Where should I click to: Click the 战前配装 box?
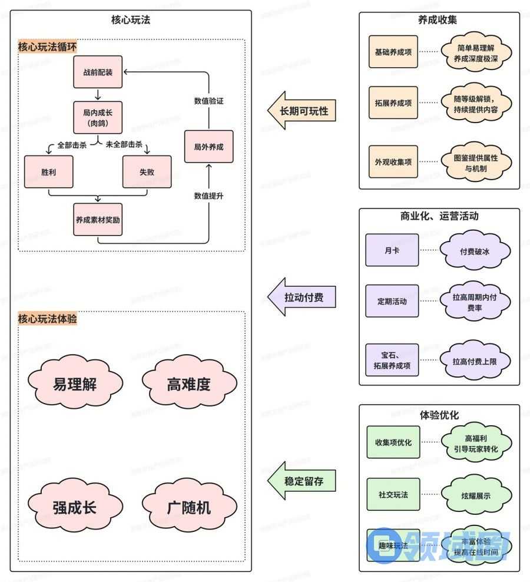click(x=98, y=72)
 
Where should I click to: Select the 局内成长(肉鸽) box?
click(x=98, y=117)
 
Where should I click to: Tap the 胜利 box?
click(x=49, y=171)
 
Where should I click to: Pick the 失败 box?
click(x=147, y=171)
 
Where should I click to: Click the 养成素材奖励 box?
click(x=98, y=219)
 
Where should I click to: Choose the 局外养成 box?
click(x=208, y=147)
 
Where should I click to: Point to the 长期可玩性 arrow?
click(x=301, y=110)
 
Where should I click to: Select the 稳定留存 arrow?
click(x=301, y=481)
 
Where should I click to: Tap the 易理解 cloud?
click(x=75, y=384)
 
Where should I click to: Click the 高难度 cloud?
click(x=188, y=384)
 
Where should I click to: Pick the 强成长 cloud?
click(x=75, y=507)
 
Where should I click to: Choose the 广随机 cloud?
click(x=188, y=507)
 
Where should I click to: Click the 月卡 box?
click(x=392, y=250)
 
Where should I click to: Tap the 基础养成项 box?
click(x=393, y=52)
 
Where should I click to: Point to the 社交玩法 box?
click(x=393, y=495)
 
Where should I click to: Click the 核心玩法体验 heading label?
click(x=47, y=319)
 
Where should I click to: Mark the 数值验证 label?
click(x=208, y=101)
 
